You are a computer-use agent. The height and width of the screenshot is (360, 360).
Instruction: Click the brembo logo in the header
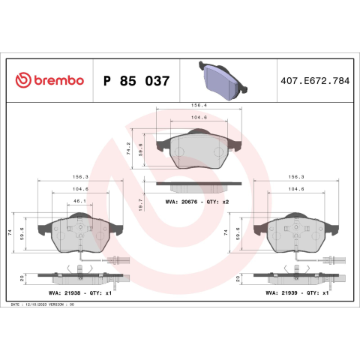[x=49, y=80]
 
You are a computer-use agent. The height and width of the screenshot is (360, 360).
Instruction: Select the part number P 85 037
[x=136, y=81]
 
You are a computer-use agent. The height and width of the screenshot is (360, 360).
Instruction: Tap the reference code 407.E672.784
[x=315, y=81]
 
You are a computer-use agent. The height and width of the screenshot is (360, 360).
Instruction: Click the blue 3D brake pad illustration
[x=223, y=80]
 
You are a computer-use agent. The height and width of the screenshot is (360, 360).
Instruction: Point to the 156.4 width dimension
[x=199, y=106]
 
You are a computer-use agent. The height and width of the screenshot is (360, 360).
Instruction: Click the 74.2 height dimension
[x=128, y=148]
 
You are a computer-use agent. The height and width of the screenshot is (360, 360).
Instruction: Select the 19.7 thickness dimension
[x=140, y=205]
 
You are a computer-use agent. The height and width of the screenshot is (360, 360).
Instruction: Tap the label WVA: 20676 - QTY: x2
[x=197, y=202]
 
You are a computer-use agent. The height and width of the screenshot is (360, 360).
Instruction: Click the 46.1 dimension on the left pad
[x=79, y=201]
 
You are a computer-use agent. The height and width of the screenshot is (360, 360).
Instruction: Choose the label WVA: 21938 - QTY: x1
[x=80, y=292]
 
